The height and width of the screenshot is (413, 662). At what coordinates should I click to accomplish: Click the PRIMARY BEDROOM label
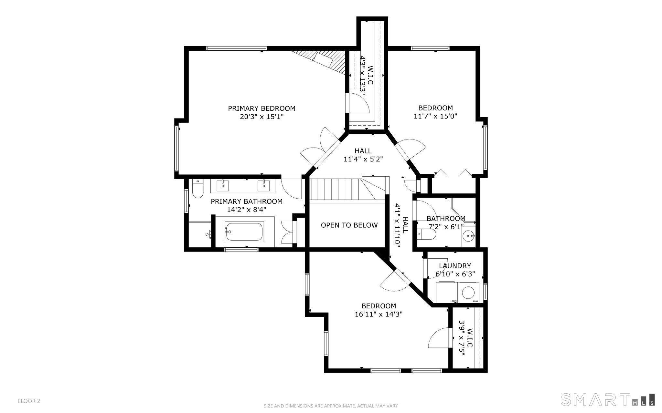click(262, 108)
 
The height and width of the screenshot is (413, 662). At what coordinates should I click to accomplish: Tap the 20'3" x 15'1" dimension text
click(262, 117)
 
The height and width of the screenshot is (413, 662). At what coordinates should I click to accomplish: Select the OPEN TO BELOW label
click(349, 225)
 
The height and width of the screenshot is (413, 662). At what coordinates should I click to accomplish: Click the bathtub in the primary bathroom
click(244, 231)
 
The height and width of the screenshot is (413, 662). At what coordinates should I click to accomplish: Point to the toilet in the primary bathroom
click(197, 189)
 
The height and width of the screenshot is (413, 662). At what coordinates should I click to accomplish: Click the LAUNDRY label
click(455, 266)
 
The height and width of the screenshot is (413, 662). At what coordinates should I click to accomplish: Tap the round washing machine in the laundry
click(468, 293)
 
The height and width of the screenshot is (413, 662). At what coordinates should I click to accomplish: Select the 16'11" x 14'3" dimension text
click(379, 314)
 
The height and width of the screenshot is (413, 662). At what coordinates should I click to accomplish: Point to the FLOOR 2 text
click(29, 401)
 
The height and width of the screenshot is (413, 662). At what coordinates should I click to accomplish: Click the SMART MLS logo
click(608, 399)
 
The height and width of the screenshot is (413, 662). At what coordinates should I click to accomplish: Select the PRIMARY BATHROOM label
click(247, 201)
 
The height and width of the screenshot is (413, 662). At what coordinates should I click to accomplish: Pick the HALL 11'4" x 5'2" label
click(363, 155)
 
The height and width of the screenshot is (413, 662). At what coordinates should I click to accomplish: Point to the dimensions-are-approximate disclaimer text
click(331, 406)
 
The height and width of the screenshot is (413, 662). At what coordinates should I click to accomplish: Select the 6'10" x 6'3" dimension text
click(455, 274)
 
